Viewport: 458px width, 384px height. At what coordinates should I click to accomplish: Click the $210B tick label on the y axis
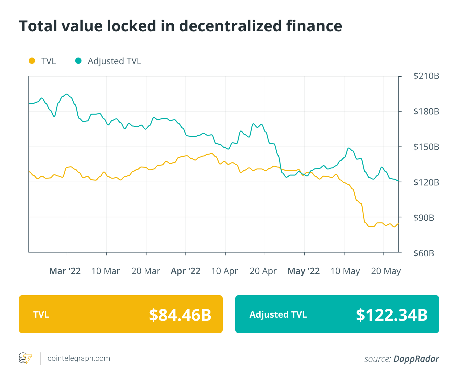[426, 76]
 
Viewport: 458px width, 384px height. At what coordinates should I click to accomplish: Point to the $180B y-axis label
[426, 112]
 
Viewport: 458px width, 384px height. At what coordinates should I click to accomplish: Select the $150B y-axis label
[426, 147]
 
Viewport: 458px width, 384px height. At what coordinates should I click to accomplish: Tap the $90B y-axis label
[424, 218]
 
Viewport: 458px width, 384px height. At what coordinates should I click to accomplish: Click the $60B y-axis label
[424, 253]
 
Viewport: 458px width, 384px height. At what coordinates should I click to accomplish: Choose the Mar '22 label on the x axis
[65, 271]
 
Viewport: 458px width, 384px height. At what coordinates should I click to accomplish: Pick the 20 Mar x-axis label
[146, 271]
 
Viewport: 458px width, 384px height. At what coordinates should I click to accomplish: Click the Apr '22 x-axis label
[185, 271]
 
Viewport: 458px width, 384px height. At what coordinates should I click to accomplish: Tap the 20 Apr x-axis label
[263, 271]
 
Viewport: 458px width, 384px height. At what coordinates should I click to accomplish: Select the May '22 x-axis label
[304, 271]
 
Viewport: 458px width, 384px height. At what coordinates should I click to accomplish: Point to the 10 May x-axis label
[345, 271]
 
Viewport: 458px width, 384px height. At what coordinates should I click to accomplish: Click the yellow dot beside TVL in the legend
[32, 61]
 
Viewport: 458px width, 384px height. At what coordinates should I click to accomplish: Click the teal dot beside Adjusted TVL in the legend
[78, 61]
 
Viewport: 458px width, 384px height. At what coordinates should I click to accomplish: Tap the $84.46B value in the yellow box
[180, 315]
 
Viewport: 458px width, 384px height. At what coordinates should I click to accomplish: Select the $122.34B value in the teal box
[392, 315]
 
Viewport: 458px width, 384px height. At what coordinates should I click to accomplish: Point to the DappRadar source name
[416, 359]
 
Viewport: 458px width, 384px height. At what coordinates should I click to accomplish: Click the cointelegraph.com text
[79, 358]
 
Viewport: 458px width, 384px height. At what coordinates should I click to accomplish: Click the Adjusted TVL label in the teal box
[278, 315]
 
